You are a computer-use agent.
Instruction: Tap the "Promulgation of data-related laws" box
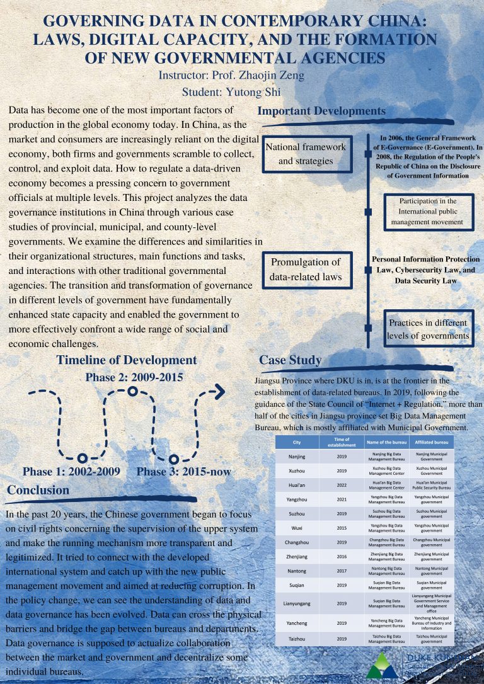click(306, 270)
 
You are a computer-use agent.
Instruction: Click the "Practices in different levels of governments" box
click(429, 329)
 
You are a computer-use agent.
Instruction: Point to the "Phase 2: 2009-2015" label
click(134, 378)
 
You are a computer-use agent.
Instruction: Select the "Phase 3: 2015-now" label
click(183, 472)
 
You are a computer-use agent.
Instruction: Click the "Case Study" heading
click(290, 360)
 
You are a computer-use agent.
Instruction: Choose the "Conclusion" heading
click(38, 490)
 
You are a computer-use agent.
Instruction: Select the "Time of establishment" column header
click(342, 443)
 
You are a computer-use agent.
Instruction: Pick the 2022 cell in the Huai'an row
click(342, 486)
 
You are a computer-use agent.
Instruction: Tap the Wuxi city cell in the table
click(297, 527)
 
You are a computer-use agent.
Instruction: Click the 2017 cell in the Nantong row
click(342, 571)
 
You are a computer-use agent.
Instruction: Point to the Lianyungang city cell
click(297, 603)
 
